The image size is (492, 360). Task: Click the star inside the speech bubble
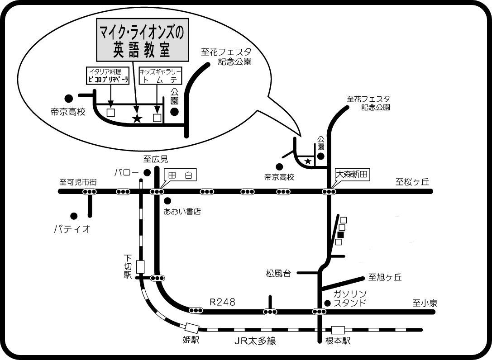(136, 119)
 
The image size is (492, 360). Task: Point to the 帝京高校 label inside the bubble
(68, 112)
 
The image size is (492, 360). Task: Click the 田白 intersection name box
(180, 175)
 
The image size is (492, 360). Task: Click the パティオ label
(72, 229)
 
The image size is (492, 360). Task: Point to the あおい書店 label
(182, 211)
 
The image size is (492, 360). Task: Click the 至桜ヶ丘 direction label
(412, 182)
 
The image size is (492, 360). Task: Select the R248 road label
(222, 302)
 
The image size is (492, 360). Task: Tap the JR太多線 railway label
(255, 341)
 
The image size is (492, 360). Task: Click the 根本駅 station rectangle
(338, 331)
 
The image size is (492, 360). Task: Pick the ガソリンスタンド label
(349, 299)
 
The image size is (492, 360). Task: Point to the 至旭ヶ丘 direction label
(385, 277)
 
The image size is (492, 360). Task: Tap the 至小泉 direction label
(425, 303)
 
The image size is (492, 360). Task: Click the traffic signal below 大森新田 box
(329, 192)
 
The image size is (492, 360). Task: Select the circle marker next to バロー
(146, 172)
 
